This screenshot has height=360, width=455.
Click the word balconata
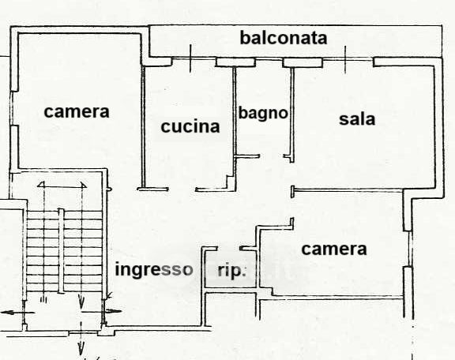pyautogui.click(x=284, y=38)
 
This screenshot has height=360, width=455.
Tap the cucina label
pyautogui.click(x=190, y=126)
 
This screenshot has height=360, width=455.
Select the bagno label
pyautogui.click(x=263, y=113)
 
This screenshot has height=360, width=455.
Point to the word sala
pyautogui.click(x=357, y=118)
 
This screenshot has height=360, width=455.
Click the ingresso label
pyautogui.click(x=154, y=269)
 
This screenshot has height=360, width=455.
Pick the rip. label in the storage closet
pyautogui.click(x=232, y=271)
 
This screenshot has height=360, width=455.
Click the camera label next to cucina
pyautogui.click(x=77, y=111)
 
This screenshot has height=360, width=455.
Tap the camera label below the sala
pyautogui.click(x=334, y=249)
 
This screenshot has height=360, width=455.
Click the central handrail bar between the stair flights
pyautogui.click(x=61, y=250)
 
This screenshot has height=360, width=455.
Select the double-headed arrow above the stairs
pyautogui.click(x=62, y=185)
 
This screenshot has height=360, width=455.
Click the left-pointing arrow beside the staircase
pyautogui.click(x=18, y=313)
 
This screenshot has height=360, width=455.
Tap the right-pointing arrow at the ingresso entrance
pyautogui.click(x=101, y=311)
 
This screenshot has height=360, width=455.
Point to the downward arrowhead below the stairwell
pyautogui.click(x=81, y=347)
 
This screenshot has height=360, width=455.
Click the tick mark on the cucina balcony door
pyautogui.click(x=190, y=58)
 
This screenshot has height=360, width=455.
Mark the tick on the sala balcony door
pyautogui.click(x=345, y=59)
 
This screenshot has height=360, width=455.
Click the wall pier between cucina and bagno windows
pyautogui.click(x=235, y=62)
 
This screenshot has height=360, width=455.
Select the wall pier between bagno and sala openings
pyautogui.click(x=303, y=62)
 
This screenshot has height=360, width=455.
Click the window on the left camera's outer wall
pyautogui.click(x=12, y=108)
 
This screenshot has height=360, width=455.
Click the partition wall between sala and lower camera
pyautogui.click(x=348, y=190)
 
